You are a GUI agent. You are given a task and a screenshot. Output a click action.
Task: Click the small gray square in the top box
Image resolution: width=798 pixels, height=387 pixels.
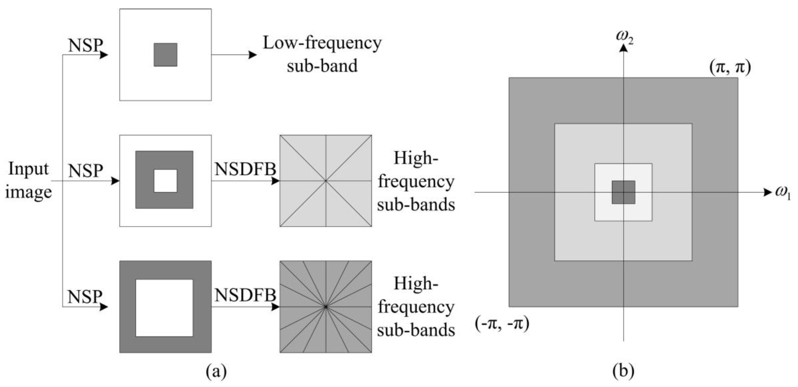(165, 55)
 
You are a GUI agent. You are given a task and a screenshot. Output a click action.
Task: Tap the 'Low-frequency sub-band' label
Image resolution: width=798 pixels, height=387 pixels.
(322, 54)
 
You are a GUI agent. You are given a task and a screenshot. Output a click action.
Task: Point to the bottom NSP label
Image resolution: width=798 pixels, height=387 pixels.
(85, 297)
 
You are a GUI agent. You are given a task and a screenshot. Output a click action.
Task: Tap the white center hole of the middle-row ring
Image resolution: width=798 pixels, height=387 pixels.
(165, 181)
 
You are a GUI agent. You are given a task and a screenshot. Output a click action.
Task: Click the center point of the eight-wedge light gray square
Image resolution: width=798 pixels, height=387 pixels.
(326, 181)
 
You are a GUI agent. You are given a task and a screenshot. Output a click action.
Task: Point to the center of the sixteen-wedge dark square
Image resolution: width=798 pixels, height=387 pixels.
(326, 307)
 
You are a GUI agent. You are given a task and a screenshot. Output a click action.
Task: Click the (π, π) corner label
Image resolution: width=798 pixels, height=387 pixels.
(730, 67)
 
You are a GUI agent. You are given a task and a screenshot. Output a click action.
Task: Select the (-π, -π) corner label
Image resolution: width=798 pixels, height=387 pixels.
(502, 324)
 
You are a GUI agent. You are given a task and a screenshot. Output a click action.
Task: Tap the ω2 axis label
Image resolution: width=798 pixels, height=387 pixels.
(624, 37)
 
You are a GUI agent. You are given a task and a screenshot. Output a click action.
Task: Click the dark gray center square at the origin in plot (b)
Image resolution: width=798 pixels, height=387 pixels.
(623, 192)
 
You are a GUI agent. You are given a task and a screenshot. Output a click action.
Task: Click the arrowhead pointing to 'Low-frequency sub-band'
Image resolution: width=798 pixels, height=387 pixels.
(252, 55)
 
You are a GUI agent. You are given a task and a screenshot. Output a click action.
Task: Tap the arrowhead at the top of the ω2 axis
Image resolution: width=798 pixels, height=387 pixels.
(623, 49)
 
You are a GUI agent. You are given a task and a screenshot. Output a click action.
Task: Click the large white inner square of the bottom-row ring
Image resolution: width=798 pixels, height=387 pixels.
(164, 308)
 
